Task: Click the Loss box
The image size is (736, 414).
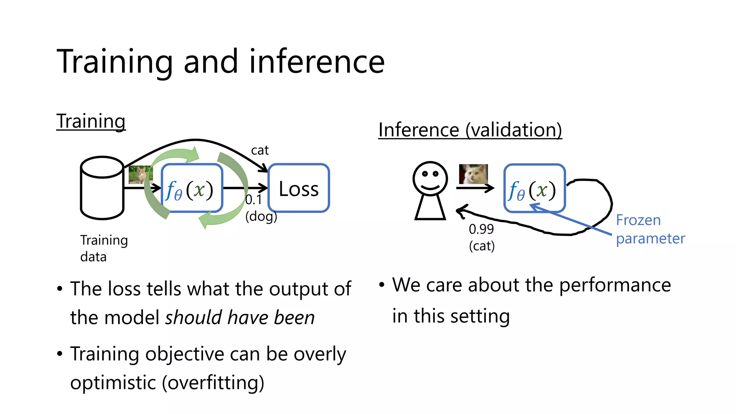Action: click(x=299, y=188)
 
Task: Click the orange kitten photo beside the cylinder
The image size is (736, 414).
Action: click(x=141, y=174)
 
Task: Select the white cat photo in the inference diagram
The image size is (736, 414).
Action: click(x=473, y=174)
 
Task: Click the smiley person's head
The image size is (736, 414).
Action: click(x=430, y=178)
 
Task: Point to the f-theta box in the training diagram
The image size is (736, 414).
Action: click(x=192, y=188)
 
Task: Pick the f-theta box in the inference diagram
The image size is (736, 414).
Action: click(x=534, y=188)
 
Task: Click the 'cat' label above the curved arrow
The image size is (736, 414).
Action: click(x=259, y=150)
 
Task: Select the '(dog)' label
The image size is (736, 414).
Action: click(x=261, y=216)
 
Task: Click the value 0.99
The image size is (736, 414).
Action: click(x=481, y=229)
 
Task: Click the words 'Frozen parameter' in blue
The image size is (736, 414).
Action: click(x=650, y=229)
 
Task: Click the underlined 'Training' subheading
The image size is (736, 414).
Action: click(x=91, y=121)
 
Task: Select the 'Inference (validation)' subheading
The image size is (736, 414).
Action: click(x=470, y=130)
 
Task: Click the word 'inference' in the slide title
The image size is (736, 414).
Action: click(x=317, y=62)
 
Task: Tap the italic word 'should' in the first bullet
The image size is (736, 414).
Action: click(x=193, y=318)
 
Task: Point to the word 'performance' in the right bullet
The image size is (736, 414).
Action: click(x=615, y=285)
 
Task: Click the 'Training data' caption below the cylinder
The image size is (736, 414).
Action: click(x=103, y=248)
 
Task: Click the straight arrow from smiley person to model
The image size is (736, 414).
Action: click(x=474, y=188)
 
